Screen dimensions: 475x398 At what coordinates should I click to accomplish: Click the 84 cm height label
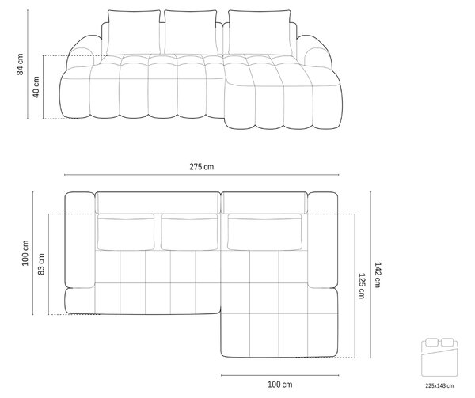tap(20, 64)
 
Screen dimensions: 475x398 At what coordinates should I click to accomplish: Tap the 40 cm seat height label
tap(36, 87)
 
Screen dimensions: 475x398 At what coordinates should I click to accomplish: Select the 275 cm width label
tap(201, 166)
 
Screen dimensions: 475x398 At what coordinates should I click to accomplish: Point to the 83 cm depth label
tap(41, 264)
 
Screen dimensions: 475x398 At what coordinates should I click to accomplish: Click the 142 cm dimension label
tap(377, 275)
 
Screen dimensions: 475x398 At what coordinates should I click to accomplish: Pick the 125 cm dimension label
tap(362, 286)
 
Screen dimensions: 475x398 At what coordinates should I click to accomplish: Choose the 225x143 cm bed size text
tap(439, 385)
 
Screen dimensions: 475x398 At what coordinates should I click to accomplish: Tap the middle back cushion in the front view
tap(191, 32)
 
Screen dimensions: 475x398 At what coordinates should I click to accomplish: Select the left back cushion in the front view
tap(134, 32)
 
